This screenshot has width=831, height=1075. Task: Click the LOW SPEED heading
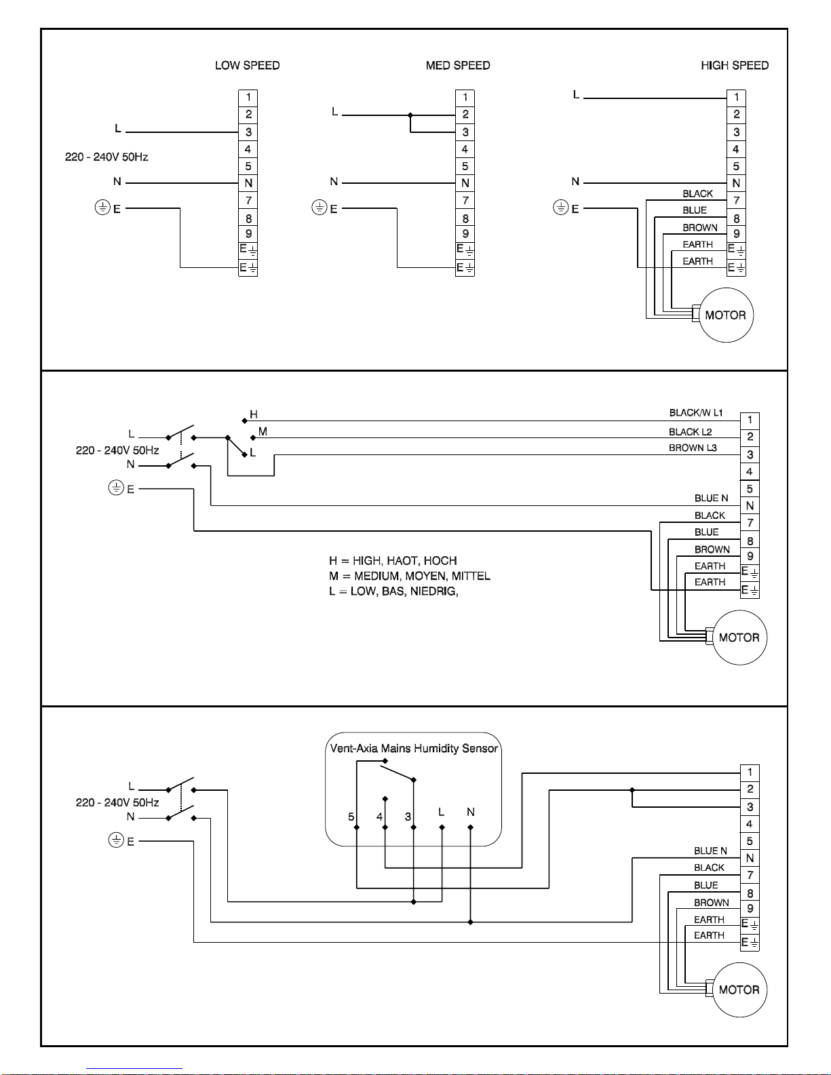248,65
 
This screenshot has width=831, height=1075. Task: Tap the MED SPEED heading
458,65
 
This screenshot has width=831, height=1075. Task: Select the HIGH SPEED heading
735,65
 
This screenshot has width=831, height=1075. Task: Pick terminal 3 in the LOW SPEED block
248,132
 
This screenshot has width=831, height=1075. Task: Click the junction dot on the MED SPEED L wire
410,115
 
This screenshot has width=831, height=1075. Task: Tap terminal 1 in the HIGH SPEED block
736,98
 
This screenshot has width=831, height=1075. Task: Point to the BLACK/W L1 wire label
696,412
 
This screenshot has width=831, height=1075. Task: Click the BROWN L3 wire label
693,448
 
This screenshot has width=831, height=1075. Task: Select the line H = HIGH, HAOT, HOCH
393,560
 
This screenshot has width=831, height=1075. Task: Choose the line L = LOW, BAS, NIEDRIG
393,591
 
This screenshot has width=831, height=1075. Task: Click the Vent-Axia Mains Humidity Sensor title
414,748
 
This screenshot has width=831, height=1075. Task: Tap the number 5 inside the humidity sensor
351,817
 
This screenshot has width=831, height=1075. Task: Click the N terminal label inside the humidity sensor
470,812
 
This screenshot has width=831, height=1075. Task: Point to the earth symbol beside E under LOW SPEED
102,208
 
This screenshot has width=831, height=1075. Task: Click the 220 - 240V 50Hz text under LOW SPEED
107,157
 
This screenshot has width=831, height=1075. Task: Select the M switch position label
263,431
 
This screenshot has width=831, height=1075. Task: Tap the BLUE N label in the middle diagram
712,499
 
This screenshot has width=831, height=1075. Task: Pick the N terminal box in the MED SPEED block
465,183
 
